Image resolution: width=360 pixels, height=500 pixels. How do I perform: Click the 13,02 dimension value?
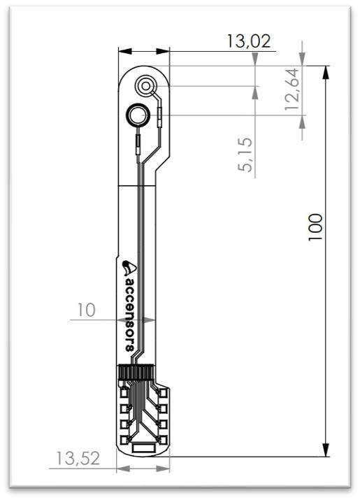[248, 41]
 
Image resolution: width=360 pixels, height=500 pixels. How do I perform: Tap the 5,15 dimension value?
[244, 158]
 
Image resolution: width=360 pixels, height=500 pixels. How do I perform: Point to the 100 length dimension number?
[315, 227]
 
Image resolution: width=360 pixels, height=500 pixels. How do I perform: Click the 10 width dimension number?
[87, 310]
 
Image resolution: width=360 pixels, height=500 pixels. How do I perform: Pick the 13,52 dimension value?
[76, 459]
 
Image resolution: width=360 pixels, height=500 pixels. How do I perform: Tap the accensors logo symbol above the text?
[129, 266]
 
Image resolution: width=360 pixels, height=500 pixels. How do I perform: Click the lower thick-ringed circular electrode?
[138, 115]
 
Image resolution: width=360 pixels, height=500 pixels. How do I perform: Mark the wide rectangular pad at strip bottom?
[143, 447]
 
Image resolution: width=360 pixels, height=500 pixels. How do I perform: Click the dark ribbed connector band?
[136, 372]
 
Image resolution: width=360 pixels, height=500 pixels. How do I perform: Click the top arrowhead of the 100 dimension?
[326, 71]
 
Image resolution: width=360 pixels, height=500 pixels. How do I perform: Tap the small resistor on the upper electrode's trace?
[159, 112]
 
